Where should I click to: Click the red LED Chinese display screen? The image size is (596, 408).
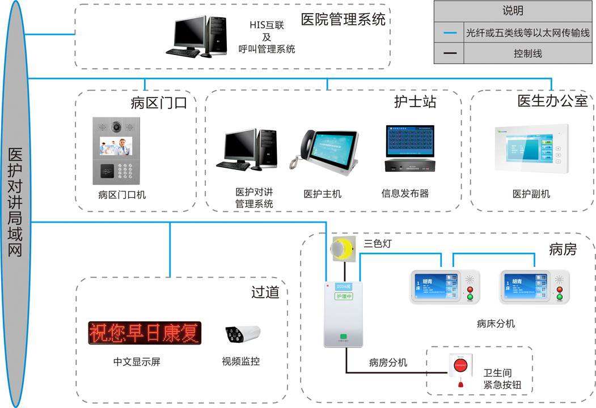pyautogui.click(x=145, y=333)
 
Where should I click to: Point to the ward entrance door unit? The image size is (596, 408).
pyautogui.click(x=117, y=150)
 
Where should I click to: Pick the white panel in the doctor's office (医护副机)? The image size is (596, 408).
pyautogui.click(x=529, y=148)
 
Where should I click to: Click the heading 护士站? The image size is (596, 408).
pyautogui.click(x=415, y=102)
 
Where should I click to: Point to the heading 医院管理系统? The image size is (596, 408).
pyautogui.click(x=343, y=20)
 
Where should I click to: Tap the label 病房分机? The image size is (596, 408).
pyautogui.click(x=388, y=362)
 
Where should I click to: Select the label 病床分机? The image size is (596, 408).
pyautogui.click(x=496, y=324)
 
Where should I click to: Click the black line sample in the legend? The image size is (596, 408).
pyautogui.click(x=449, y=54)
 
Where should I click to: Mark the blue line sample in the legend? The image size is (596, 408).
pyautogui.click(x=449, y=33)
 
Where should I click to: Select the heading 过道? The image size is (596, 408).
pyautogui.click(x=265, y=292)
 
